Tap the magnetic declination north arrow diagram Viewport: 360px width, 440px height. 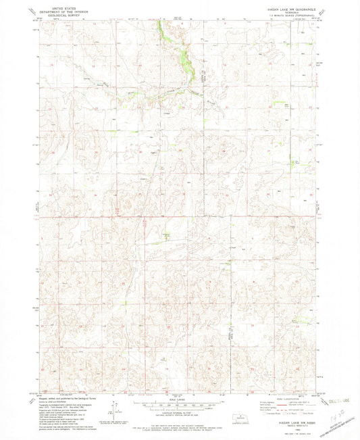click(x=116, y=408)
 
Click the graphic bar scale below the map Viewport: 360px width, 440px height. click(x=179, y=407)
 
